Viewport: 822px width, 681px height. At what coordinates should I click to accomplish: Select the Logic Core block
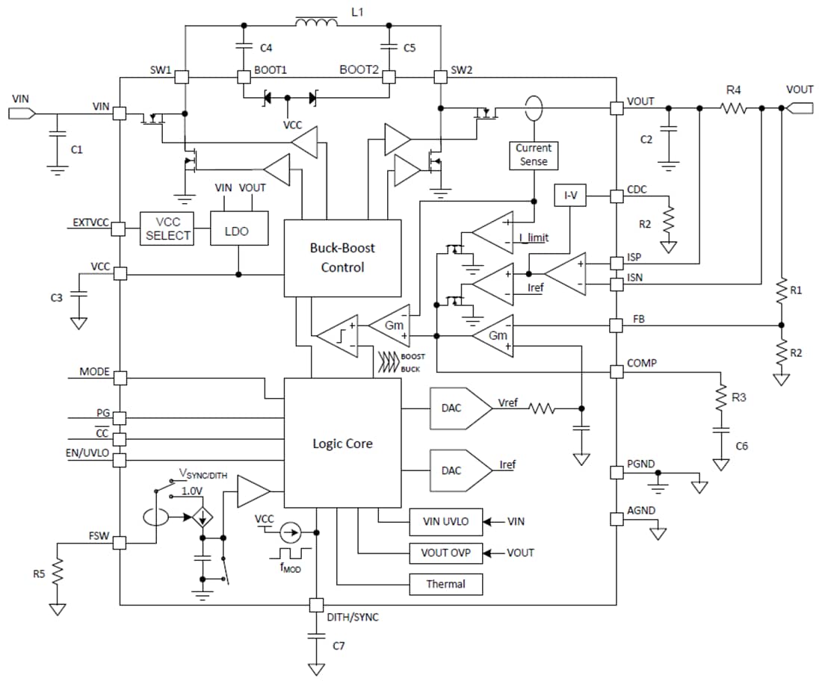(x=342, y=443)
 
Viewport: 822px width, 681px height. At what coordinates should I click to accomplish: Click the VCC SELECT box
(x=168, y=227)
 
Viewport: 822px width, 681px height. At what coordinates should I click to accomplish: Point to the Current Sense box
(x=534, y=155)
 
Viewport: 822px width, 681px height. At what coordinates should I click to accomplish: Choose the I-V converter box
(x=569, y=196)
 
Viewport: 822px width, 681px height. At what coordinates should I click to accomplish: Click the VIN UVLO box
(x=446, y=520)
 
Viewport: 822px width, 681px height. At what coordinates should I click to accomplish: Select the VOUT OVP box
(x=446, y=553)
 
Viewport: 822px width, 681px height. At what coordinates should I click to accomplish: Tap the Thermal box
(x=446, y=584)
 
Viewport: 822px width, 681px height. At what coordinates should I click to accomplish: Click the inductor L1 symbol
(x=315, y=25)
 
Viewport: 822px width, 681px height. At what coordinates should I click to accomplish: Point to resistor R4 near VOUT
(x=733, y=108)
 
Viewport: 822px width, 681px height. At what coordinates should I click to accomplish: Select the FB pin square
(x=616, y=325)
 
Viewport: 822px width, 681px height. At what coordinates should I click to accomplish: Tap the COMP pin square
(x=616, y=371)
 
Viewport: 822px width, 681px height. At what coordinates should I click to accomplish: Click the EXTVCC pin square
(x=120, y=228)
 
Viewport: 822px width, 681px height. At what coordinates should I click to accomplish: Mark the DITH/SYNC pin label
(x=353, y=618)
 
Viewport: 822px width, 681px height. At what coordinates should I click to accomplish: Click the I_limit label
(x=533, y=238)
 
